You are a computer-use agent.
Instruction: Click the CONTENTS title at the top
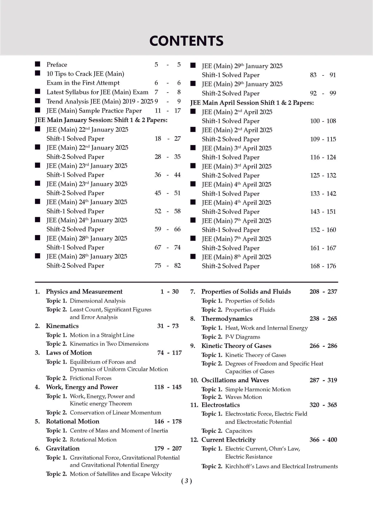point(186,41)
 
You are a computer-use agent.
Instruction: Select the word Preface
point(57,64)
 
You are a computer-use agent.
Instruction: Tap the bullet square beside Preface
point(38,64)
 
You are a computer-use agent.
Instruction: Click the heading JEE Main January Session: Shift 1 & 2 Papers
point(101,120)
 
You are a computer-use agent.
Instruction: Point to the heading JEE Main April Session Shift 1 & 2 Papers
point(252,103)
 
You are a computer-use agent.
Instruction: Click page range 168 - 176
point(323,266)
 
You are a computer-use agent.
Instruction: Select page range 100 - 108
point(323,121)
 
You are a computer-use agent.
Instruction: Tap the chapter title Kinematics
point(62,326)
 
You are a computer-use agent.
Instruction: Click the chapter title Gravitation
point(63,449)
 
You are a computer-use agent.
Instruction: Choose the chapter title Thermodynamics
point(227,318)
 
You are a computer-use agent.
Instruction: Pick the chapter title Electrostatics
point(220,405)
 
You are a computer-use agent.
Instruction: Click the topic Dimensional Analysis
point(98,301)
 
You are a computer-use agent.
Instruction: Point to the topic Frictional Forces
point(91,378)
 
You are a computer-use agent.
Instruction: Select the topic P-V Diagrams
point(243,337)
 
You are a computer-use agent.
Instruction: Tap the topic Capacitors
point(239,431)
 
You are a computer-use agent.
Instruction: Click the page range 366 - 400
point(323,440)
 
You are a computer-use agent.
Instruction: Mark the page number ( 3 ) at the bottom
point(186,481)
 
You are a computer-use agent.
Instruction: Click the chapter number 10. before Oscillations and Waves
point(194,380)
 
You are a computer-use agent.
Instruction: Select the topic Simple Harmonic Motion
point(258,389)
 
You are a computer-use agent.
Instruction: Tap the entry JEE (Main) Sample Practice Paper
point(94,110)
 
